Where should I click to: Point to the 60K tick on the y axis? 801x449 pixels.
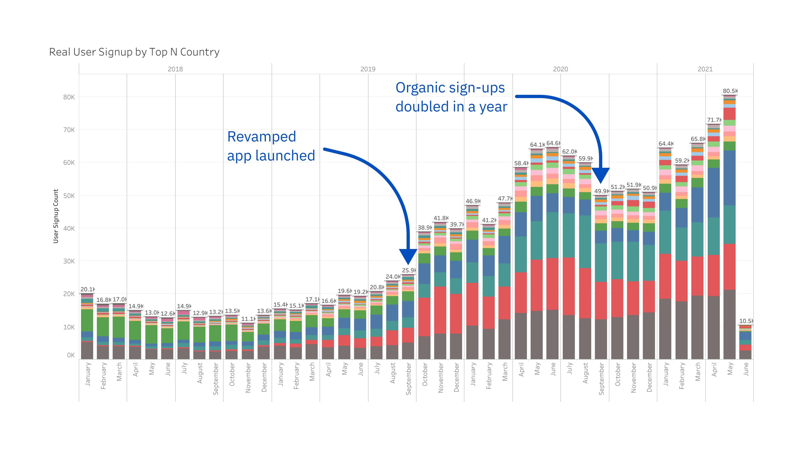69,162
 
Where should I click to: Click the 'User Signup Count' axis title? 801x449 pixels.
56,216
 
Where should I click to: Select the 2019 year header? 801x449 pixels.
368,69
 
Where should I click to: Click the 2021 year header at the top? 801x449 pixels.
705,69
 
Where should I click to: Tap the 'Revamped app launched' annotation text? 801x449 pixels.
271,146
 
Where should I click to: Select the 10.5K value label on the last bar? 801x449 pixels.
746,321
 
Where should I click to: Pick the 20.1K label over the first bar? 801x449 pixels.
87,289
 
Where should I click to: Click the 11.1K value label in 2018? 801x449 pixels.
248,319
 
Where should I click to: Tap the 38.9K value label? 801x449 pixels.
424,228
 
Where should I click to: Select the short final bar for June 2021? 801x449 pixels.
745,342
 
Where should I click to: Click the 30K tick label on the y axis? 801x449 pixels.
69,261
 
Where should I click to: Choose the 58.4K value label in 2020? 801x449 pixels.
521,163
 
